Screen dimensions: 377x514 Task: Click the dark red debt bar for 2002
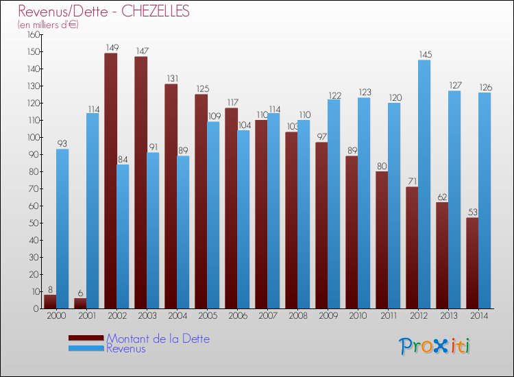[x=110, y=182]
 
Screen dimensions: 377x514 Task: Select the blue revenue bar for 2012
[x=424, y=185]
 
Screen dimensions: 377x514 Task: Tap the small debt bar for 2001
[x=80, y=303]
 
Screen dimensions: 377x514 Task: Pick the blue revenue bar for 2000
[x=62, y=230]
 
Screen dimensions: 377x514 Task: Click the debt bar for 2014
[x=472, y=264]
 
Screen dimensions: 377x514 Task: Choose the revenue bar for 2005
[x=213, y=216]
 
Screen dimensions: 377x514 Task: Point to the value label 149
[x=112, y=48]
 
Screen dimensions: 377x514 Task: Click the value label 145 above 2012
[x=424, y=55]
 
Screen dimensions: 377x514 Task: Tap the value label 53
[x=472, y=212]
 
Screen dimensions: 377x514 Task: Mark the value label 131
[x=172, y=79]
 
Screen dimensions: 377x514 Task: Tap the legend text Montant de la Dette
[x=158, y=339]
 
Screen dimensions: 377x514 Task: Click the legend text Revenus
[x=125, y=349]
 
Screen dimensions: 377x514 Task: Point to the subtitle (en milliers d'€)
[x=49, y=25]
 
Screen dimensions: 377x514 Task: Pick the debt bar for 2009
[x=321, y=226]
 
